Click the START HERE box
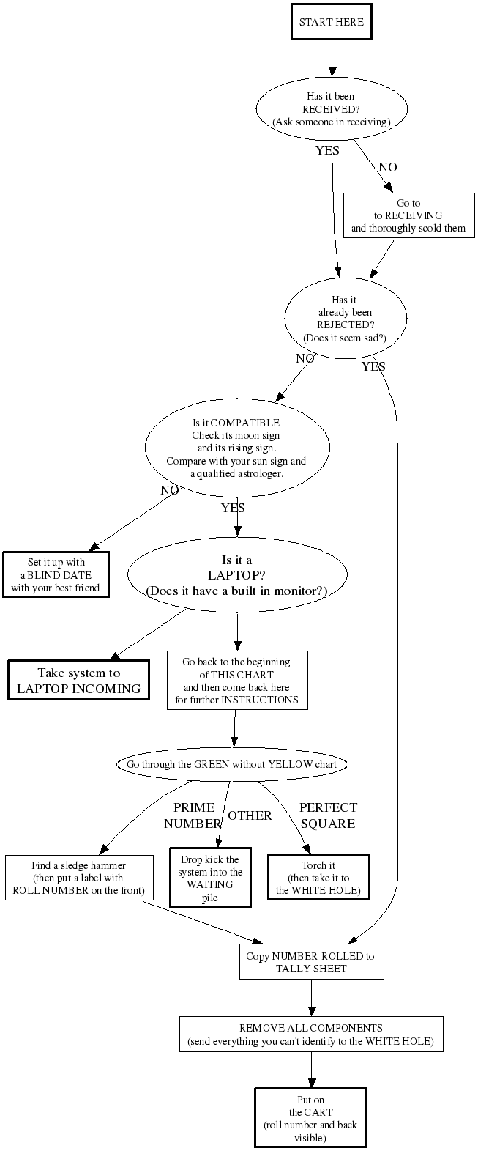[331, 22]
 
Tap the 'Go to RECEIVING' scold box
[408, 215]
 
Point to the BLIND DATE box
[56, 574]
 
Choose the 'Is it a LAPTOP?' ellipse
[236, 576]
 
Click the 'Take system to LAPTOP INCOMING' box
[78, 681]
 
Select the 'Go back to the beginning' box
[236, 680]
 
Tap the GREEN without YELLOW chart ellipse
[231, 764]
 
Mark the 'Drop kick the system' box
[210, 878]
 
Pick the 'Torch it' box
[318, 877]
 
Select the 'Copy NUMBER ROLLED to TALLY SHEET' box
[311, 962]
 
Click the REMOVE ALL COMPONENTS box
[311, 1034]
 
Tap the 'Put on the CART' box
[310, 1118]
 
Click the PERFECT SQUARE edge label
[328, 815]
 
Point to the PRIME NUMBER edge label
[193, 815]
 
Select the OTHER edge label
[250, 815]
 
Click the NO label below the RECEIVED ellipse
[388, 167]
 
